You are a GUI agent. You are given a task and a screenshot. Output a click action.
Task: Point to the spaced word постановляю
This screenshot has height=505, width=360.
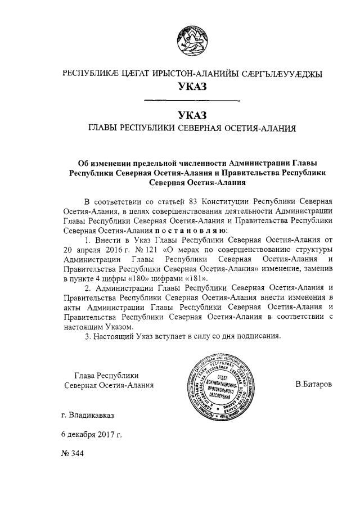[x=191, y=230]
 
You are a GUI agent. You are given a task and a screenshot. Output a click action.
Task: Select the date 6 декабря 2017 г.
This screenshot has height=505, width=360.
[x=91, y=435]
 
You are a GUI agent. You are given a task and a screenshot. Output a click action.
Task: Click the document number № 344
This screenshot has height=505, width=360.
[x=72, y=453]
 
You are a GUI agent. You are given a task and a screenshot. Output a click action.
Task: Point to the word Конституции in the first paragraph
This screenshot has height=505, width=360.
[x=227, y=201]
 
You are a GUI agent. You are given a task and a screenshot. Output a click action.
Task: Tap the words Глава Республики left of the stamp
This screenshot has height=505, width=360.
[x=106, y=376]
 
